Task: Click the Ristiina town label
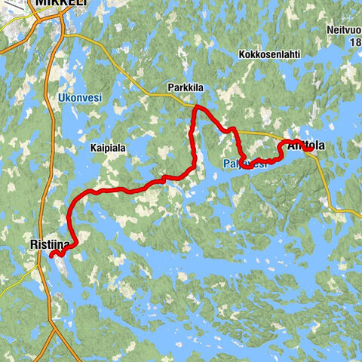(50, 244)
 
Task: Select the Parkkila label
(186, 89)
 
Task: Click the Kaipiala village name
(109, 148)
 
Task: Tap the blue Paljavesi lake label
(245, 162)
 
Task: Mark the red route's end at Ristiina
(52, 256)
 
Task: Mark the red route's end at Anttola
(309, 148)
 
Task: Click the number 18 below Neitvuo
(355, 44)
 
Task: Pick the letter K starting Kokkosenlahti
(241, 55)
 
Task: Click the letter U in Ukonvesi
(60, 98)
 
